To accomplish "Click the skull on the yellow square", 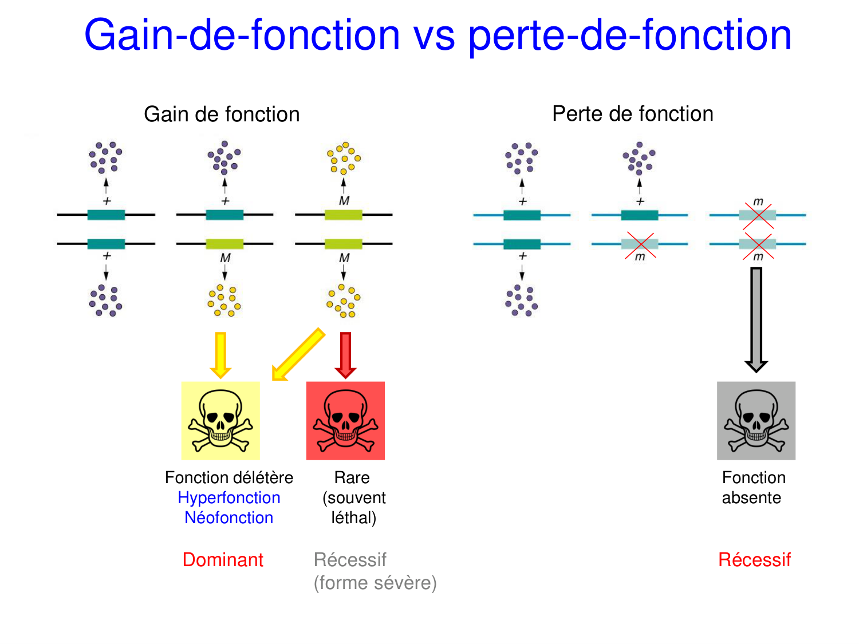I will [x=220, y=420].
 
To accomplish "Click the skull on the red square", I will [x=345, y=420].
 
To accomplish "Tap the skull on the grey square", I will [x=756, y=420].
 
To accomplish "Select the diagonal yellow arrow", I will [x=298, y=354].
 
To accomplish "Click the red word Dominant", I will [x=223, y=560].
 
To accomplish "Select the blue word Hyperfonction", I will [x=229, y=498].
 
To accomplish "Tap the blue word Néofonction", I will [x=229, y=518].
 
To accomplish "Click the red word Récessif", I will [x=755, y=560].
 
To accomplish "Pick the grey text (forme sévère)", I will [x=375, y=583].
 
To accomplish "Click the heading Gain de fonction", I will [x=222, y=114].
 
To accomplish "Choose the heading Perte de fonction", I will [x=633, y=114].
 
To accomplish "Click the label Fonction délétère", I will [x=229, y=477].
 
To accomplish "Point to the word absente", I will [x=751, y=498].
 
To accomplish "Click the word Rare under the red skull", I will [x=352, y=477].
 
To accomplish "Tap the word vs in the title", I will [x=434, y=35].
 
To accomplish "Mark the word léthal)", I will [x=354, y=518].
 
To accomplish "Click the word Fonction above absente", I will [x=754, y=477].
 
